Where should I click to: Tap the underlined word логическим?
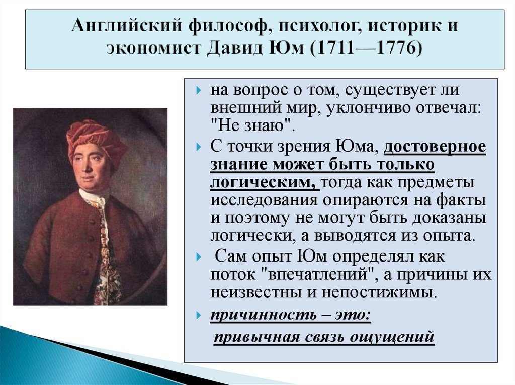click(x=264, y=183)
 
